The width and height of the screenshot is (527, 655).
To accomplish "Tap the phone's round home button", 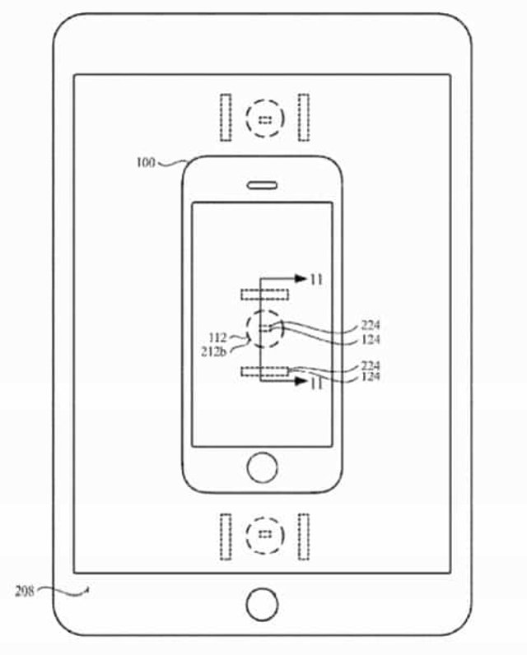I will pos(263,467).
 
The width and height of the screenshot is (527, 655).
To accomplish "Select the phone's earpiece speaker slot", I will pos(263,183).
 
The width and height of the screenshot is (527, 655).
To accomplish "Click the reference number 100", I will pos(146,162).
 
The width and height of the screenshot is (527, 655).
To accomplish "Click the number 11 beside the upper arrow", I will pos(316,280).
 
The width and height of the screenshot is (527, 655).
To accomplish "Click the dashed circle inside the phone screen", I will pos(264,329).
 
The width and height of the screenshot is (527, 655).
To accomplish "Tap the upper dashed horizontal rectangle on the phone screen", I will pos(264,294).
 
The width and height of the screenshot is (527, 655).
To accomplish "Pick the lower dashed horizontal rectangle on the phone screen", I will pos(264,372).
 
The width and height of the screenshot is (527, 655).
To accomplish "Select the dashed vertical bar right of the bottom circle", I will pos(303,536).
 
